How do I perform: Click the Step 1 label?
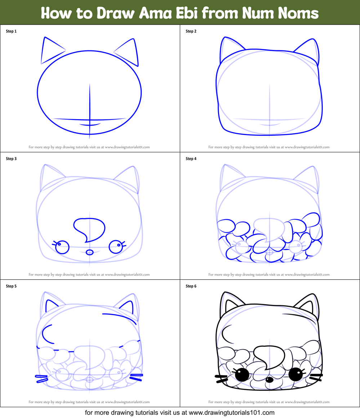coord(11,31)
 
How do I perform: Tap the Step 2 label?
coord(191,31)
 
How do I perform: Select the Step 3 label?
coord(11,159)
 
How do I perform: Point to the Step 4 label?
coord(191,159)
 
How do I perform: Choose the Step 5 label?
coord(11,286)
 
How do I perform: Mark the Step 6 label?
coord(191,286)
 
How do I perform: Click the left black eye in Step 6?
coord(242,375)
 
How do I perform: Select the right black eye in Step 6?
coord(296,374)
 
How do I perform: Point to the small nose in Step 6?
coord(269,379)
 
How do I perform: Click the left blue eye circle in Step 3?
coord(63,247)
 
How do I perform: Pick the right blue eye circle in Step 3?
coord(116,247)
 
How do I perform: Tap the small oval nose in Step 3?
coord(90,252)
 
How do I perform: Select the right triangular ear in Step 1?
coord(129,51)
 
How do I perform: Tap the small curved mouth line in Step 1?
coord(90,125)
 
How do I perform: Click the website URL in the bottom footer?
coord(231,413)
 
